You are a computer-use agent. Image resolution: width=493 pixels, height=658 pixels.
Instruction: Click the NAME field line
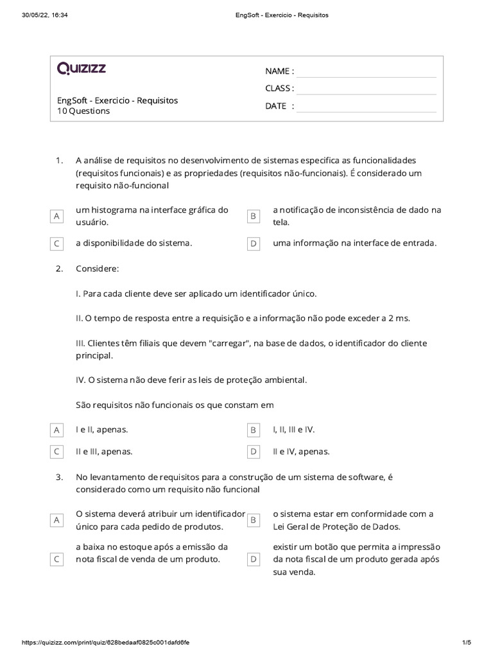(x=366, y=72)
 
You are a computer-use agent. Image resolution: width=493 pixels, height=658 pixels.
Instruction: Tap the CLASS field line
(x=366, y=89)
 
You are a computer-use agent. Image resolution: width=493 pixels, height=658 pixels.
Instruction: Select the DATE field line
(x=366, y=107)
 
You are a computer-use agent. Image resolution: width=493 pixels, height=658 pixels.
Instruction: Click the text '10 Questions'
(x=83, y=111)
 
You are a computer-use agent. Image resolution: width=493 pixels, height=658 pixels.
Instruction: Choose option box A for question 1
(x=57, y=217)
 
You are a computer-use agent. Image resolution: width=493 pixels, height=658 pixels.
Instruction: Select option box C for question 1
(x=57, y=244)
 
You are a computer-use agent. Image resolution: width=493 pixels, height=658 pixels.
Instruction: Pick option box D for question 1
(x=254, y=244)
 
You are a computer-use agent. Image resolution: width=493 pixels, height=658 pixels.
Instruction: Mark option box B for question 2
(x=254, y=429)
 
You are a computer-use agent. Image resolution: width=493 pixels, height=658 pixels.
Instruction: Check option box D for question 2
(x=254, y=452)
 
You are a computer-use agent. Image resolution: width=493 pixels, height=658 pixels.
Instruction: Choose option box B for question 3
(x=254, y=520)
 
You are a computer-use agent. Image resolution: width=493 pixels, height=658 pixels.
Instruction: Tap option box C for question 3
(x=57, y=560)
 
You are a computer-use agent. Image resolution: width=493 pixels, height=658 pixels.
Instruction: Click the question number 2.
(x=59, y=269)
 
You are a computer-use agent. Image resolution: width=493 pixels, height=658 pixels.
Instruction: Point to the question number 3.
(x=59, y=477)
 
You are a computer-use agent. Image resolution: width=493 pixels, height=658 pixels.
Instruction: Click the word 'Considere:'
(x=97, y=269)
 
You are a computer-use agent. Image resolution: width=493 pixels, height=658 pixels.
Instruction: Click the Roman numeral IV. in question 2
(x=81, y=380)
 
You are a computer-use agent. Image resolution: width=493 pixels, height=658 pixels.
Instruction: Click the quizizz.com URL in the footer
(x=105, y=643)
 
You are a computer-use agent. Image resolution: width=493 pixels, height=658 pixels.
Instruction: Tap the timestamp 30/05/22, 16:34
(x=45, y=15)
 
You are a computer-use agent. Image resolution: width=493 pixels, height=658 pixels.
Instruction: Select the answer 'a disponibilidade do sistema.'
(x=134, y=244)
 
